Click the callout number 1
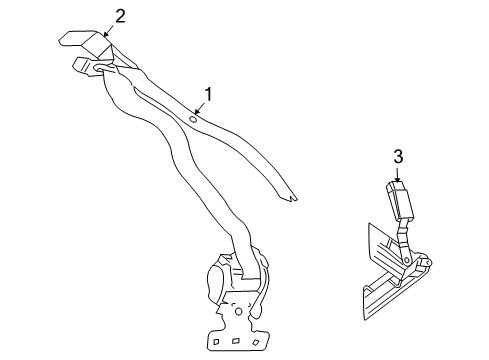[208, 95]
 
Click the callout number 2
[120, 15]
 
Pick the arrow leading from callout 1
[200, 109]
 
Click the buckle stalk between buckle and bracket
[402, 238]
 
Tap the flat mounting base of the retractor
[238, 335]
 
